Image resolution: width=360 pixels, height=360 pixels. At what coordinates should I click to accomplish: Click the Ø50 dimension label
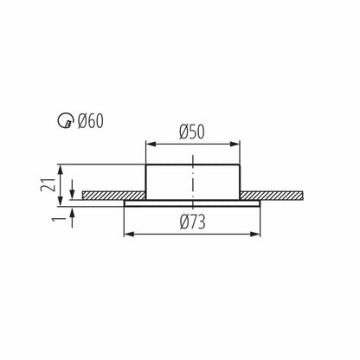pyautogui.click(x=192, y=132)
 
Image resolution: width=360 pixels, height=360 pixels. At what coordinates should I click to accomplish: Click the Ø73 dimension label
pyautogui.click(x=192, y=222)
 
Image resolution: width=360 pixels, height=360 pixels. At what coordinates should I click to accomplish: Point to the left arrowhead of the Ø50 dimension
pyautogui.click(x=148, y=145)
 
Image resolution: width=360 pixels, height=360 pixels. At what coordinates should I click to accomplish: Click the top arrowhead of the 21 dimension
pyautogui.click(x=59, y=167)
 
